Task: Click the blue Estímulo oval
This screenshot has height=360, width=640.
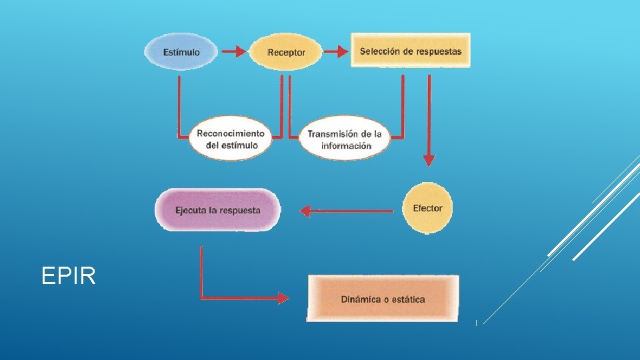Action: click(181, 52)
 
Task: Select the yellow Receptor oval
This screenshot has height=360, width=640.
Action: click(286, 52)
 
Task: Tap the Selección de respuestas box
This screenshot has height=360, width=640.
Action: click(410, 51)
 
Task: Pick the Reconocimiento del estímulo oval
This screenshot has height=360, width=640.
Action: click(231, 139)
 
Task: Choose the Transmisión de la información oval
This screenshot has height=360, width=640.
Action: click(345, 139)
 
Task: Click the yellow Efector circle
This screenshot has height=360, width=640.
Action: click(427, 208)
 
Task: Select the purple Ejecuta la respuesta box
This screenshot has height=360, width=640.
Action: click(218, 210)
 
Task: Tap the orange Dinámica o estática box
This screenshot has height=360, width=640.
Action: click(383, 299)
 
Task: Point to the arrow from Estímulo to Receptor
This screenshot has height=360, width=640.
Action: click(233, 51)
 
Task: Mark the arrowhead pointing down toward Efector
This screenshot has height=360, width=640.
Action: click(429, 161)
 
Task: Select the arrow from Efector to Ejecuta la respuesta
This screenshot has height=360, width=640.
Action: click(347, 211)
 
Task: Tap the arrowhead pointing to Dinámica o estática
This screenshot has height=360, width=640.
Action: click(283, 298)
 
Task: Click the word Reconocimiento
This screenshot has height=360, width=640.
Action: click(231, 133)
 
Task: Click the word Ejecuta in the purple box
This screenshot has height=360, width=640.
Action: click(191, 210)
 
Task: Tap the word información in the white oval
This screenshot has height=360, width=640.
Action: click(346, 145)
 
